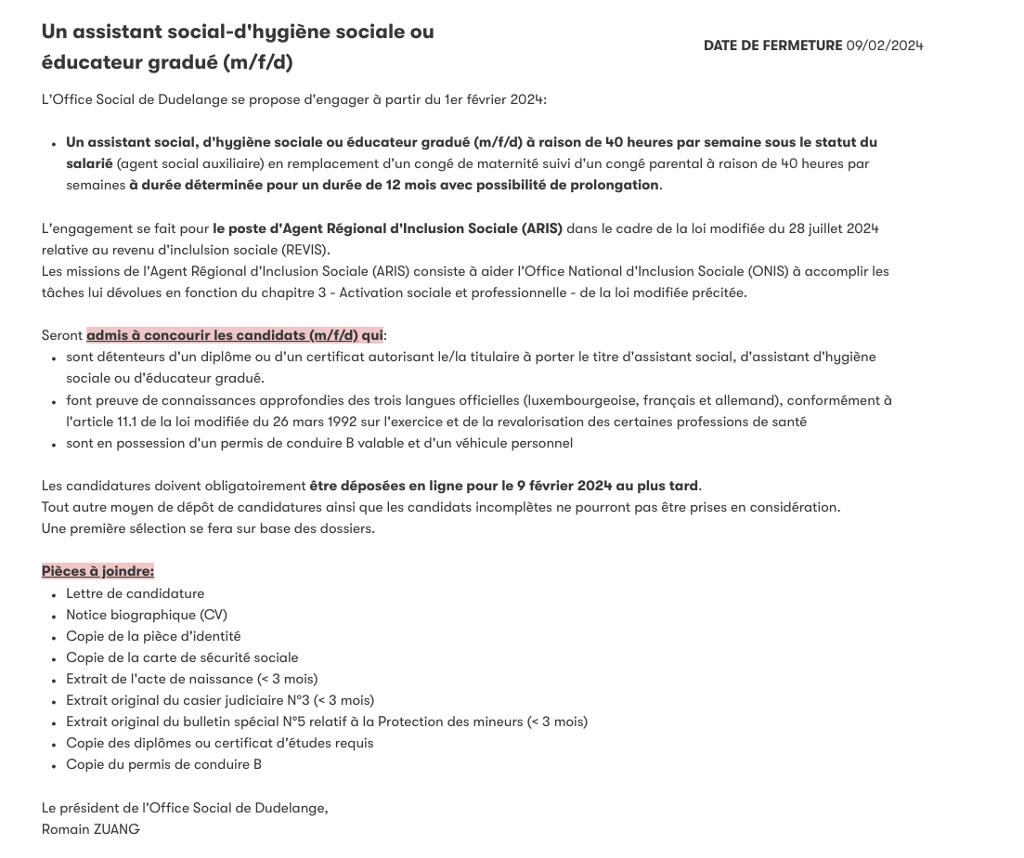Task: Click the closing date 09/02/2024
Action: tap(884, 45)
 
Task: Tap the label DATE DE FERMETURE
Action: tap(772, 45)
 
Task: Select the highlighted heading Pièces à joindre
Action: tap(97, 571)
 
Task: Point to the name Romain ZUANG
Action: tap(90, 829)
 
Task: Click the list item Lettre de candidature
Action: tap(135, 593)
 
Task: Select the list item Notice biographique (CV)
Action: tap(146, 615)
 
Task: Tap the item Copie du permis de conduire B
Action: tap(163, 764)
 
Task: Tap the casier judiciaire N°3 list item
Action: tap(220, 700)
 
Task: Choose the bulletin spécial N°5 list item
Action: tap(326, 721)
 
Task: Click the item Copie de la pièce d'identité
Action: tap(153, 636)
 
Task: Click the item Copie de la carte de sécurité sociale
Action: tap(182, 657)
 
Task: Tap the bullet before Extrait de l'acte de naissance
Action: tap(55, 680)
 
